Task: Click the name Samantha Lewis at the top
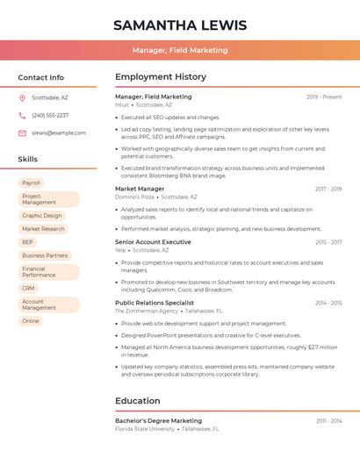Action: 180,25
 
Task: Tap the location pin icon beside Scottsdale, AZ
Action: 23,98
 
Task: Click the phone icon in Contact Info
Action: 23,115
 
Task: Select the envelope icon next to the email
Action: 23,132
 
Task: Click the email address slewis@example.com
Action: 59,132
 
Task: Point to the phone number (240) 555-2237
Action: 50,115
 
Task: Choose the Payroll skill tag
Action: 31,182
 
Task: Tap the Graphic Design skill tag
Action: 42,215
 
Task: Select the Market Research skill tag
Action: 43,229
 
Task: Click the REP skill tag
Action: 28,242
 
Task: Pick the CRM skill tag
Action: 28,288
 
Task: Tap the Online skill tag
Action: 31,321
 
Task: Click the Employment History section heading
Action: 160,77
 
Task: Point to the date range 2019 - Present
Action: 324,97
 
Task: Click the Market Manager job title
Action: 140,189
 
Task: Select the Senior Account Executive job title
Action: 153,241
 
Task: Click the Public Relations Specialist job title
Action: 155,303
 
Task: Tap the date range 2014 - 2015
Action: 328,303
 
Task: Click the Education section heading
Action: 138,401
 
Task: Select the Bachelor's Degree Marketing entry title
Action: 158,420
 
